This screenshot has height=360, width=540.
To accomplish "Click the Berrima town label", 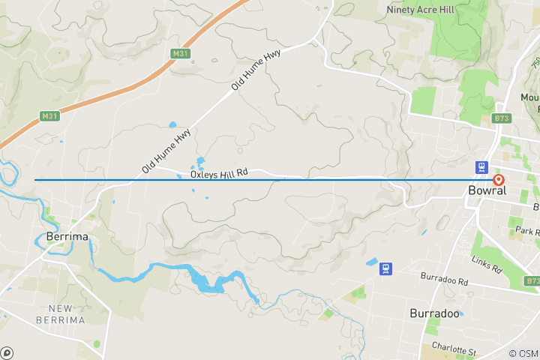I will tap(67, 236).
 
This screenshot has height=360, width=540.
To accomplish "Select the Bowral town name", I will tap(487, 190).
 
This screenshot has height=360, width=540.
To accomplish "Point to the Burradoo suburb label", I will tap(434, 313).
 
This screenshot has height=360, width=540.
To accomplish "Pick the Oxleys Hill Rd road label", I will tap(218, 174).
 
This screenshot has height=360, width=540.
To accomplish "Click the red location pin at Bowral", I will tap(499, 180).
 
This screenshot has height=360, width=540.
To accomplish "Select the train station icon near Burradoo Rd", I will tap(386, 268).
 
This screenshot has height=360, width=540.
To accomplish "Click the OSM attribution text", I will tap(523, 353).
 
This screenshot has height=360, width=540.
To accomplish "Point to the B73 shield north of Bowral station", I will tap(502, 118).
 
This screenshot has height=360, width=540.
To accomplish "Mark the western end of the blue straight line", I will tap(35, 180).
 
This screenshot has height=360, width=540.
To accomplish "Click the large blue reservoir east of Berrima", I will tap(206, 282).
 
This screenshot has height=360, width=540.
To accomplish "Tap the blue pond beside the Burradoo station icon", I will tap(371, 262).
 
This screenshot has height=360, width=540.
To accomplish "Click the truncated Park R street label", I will tap(528, 230).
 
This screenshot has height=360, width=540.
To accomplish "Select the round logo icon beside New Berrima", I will tap(7, 352).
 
